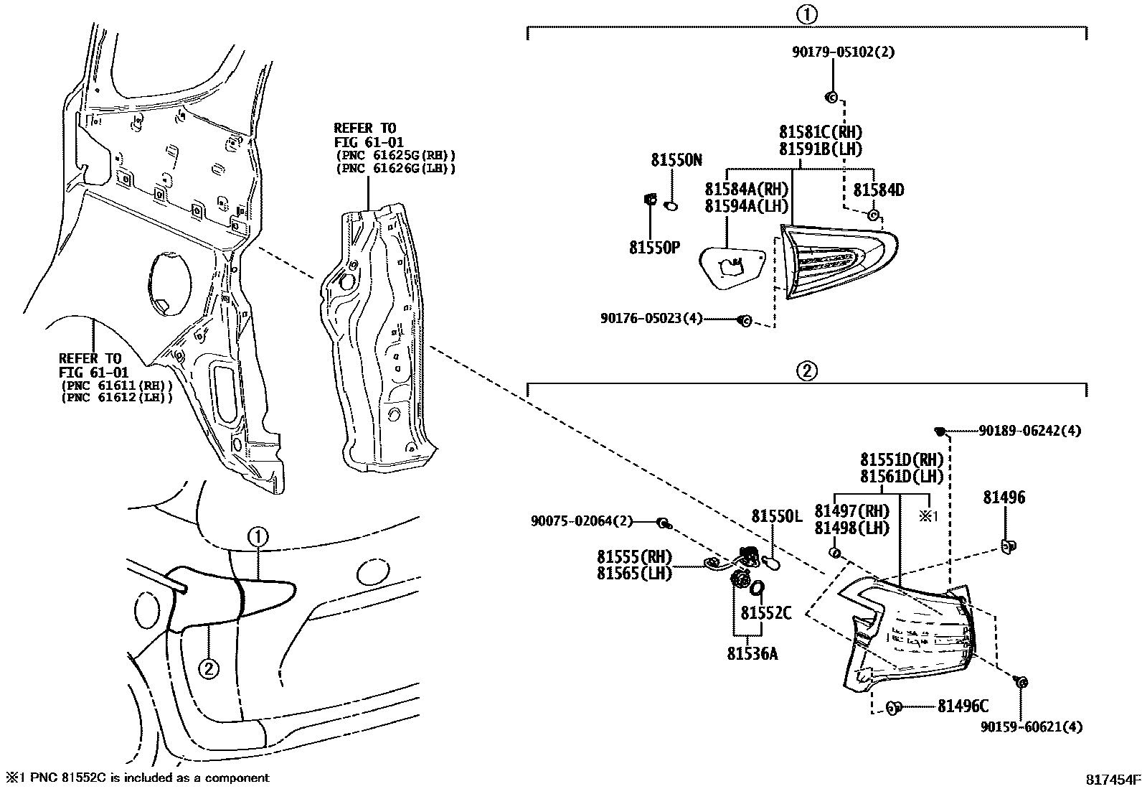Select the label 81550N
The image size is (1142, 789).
(x=676, y=160)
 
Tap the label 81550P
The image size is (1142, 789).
(x=654, y=248)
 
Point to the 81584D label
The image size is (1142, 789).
(x=878, y=190)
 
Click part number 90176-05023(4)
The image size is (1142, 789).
(x=651, y=318)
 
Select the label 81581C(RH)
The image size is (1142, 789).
(x=821, y=133)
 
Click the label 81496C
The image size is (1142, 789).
(x=963, y=706)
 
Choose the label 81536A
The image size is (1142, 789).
(x=752, y=653)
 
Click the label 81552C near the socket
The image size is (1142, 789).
(x=765, y=613)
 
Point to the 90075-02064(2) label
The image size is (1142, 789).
(x=582, y=521)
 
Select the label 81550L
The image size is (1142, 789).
(x=776, y=516)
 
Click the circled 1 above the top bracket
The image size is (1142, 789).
(x=806, y=14)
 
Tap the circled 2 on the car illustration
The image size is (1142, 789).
(x=208, y=669)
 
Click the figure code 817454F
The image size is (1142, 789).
(x=1112, y=779)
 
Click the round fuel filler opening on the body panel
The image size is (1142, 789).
(x=171, y=284)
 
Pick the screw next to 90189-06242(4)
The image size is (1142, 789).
(x=939, y=431)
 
